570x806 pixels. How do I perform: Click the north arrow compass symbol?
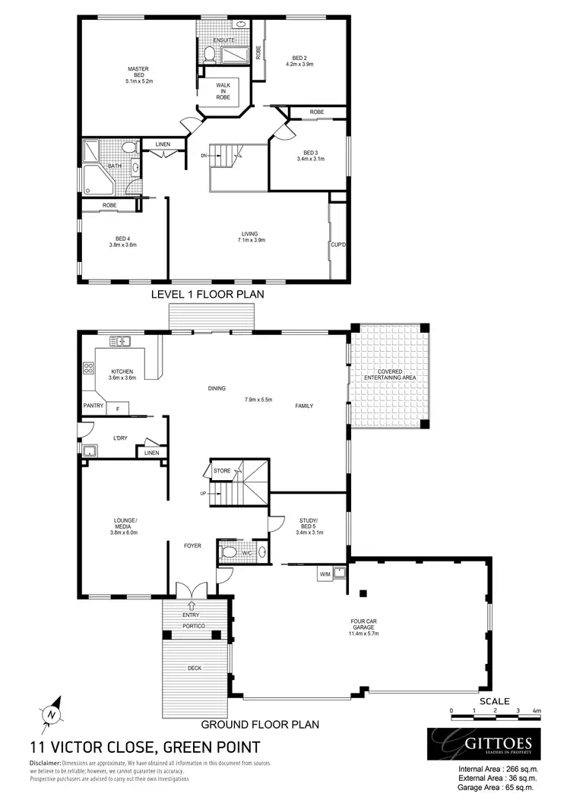point(50,713)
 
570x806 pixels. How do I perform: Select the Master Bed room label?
point(138,74)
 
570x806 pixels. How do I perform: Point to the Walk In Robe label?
point(223,90)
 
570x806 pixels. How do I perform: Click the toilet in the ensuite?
point(208,53)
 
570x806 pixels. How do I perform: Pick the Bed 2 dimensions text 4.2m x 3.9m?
point(299,64)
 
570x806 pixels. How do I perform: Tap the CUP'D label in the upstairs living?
point(338,245)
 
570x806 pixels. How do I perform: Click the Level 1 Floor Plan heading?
point(207,293)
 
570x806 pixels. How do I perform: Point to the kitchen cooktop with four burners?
point(87,369)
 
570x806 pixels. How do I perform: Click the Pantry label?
point(93,406)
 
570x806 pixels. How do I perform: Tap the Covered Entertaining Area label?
point(389,375)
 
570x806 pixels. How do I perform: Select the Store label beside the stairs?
point(222,471)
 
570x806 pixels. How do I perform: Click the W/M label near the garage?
point(325,574)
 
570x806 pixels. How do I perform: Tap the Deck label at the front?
point(195,668)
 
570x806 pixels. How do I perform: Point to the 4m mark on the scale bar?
point(536,711)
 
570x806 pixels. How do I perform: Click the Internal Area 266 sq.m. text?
point(498,769)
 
